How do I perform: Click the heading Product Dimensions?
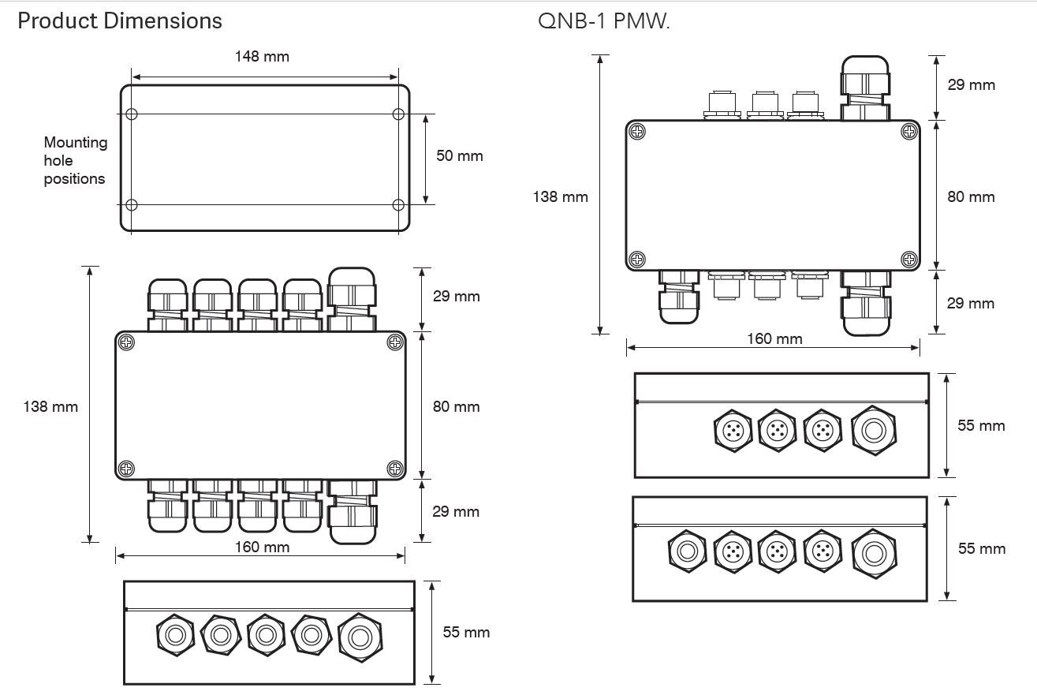pos(120,21)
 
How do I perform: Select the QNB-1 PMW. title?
pos(603,21)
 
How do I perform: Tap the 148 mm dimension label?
pos(262,57)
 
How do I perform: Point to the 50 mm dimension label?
pos(460,155)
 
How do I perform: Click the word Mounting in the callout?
pos(75,143)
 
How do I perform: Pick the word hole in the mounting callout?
pos(58,161)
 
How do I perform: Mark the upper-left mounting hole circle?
pos(132,114)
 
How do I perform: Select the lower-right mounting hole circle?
pos(398,205)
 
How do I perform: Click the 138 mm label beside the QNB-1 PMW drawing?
pos(561,196)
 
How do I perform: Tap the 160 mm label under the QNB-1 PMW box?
pos(774,339)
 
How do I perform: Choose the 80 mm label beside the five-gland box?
pos(456,407)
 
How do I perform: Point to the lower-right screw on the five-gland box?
pos(395,469)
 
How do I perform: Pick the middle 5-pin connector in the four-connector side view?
pos(778,430)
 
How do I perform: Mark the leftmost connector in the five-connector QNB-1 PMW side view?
pos(686,551)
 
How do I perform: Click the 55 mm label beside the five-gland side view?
pos(466,633)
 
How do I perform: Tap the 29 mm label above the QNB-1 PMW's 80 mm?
pos(971,85)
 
